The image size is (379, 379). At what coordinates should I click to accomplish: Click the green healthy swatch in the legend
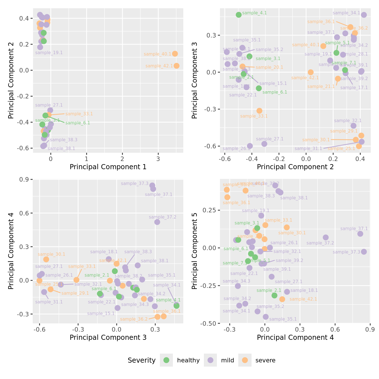point(166,360)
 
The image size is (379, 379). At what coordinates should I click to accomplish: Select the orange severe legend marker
point(245,360)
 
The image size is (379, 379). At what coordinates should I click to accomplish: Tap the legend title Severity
point(142,360)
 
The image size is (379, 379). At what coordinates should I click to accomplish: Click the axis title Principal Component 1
point(108,167)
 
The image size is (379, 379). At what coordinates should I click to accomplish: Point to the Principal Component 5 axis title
point(194,251)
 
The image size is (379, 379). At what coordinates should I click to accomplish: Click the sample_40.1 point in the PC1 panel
point(175,54)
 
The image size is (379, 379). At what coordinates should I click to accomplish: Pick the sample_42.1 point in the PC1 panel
point(177,66)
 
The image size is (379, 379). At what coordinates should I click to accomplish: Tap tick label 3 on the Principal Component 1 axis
point(158,159)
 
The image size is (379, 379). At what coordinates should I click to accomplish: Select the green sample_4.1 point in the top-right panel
point(239,15)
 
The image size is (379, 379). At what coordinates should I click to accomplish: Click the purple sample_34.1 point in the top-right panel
point(364,15)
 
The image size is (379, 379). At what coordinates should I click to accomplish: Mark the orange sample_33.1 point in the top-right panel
point(259,111)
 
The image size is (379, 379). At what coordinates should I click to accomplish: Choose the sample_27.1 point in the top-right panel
point(264,144)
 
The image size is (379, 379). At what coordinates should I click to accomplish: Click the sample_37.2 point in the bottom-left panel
point(157,222)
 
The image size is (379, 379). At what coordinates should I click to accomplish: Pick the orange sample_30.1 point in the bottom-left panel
point(46,259)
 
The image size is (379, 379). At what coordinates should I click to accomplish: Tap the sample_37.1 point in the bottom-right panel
point(360,234)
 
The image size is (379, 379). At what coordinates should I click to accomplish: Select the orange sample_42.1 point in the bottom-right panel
point(282,299)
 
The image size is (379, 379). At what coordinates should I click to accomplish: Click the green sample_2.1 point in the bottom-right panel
point(274,295)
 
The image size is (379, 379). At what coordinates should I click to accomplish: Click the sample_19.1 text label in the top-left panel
point(49,53)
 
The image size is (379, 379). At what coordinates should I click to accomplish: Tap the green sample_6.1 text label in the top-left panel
point(78,123)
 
